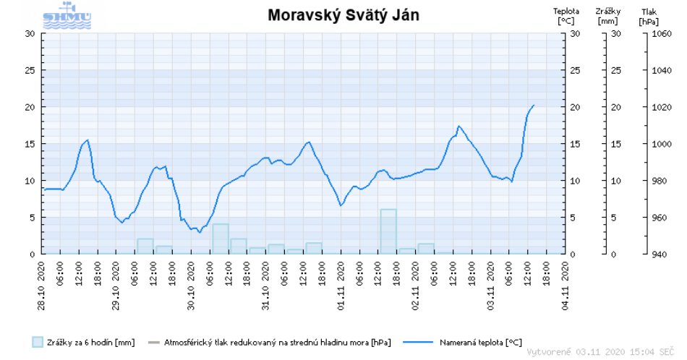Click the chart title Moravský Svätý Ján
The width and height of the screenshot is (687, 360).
coord(343,14)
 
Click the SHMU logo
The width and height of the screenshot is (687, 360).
coord(67,17)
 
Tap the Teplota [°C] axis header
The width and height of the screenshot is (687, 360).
coord(566,16)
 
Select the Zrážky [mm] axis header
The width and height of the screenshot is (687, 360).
coord(607,16)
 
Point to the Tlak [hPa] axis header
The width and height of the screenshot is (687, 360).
coord(649,16)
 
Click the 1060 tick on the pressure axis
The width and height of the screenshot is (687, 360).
coord(662,33)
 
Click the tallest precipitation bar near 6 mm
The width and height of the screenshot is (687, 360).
coord(388,231)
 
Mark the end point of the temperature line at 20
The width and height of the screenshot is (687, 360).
coord(534,106)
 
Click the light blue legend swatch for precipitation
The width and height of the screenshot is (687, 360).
coord(38,342)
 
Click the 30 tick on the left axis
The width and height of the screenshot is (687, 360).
coord(30,33)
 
